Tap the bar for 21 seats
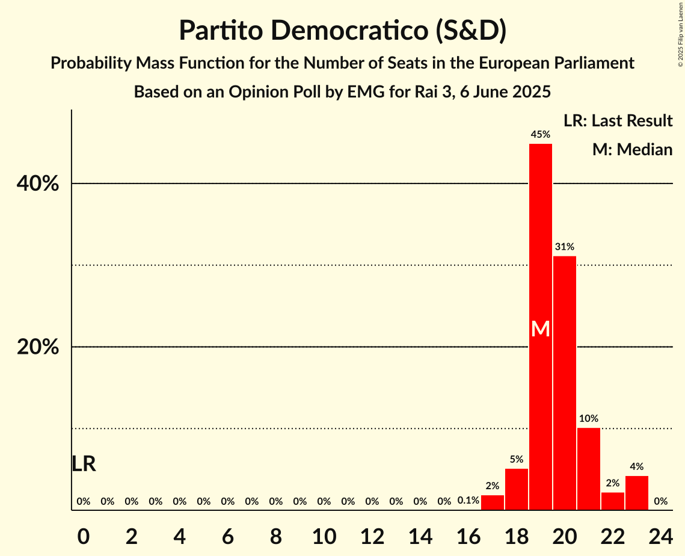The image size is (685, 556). pos(589,469)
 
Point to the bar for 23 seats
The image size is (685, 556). pos(637,493)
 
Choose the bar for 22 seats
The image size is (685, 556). pos(613,501)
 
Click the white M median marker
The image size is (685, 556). pos(541,329)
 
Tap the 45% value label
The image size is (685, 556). pos(541,135)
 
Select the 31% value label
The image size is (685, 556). pos(565,247)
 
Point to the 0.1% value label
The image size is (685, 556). pos(468,501)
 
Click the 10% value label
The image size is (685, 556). pos(589,418)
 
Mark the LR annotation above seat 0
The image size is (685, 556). pos(84,464)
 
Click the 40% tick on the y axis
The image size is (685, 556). pos(38,184)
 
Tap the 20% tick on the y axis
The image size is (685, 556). pos(38,347)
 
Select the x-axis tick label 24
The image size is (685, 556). pos(661,533)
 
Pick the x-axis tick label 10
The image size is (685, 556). pos(324,533)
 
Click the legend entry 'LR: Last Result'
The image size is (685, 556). pos(618,121)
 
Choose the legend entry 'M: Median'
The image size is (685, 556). pos(632,149)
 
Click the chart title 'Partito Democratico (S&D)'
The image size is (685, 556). pos(342,31)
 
